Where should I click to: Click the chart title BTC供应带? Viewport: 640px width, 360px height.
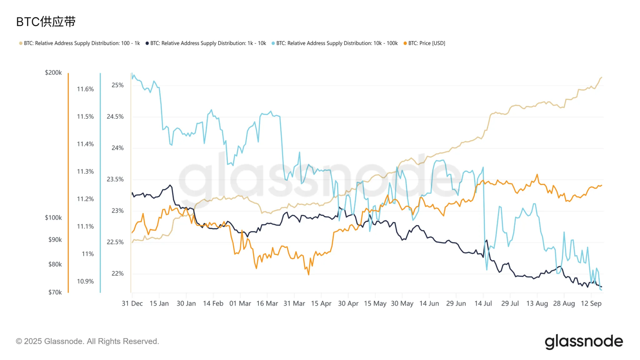(x=46, y=22)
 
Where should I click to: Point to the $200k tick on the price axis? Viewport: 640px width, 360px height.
(x=53, y=73)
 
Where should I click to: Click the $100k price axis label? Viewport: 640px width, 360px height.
(x=53, y=218)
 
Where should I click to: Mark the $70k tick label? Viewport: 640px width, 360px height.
(x=55, y=292)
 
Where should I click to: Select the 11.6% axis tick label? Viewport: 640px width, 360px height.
(x=85, y=89)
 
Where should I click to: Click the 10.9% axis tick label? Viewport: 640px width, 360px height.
(x=85, y=281)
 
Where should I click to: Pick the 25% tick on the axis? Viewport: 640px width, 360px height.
(x=117, y=85)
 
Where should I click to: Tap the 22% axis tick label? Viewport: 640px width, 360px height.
(x=117, y=274)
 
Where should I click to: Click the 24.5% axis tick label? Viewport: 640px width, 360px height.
(x=115, y=117)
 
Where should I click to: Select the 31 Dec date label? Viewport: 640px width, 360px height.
(x=132, y=303)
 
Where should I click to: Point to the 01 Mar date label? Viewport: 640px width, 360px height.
(x=240, y=303)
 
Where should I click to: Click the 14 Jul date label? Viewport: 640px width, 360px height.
(x=483, y=303)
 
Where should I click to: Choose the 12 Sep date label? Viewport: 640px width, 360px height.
(x=591, y=303)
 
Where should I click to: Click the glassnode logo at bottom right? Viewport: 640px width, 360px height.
(x=584, y=342)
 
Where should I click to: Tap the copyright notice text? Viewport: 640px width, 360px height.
(x=88, y=341)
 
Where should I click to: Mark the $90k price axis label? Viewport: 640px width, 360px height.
(x=55, y=240)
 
